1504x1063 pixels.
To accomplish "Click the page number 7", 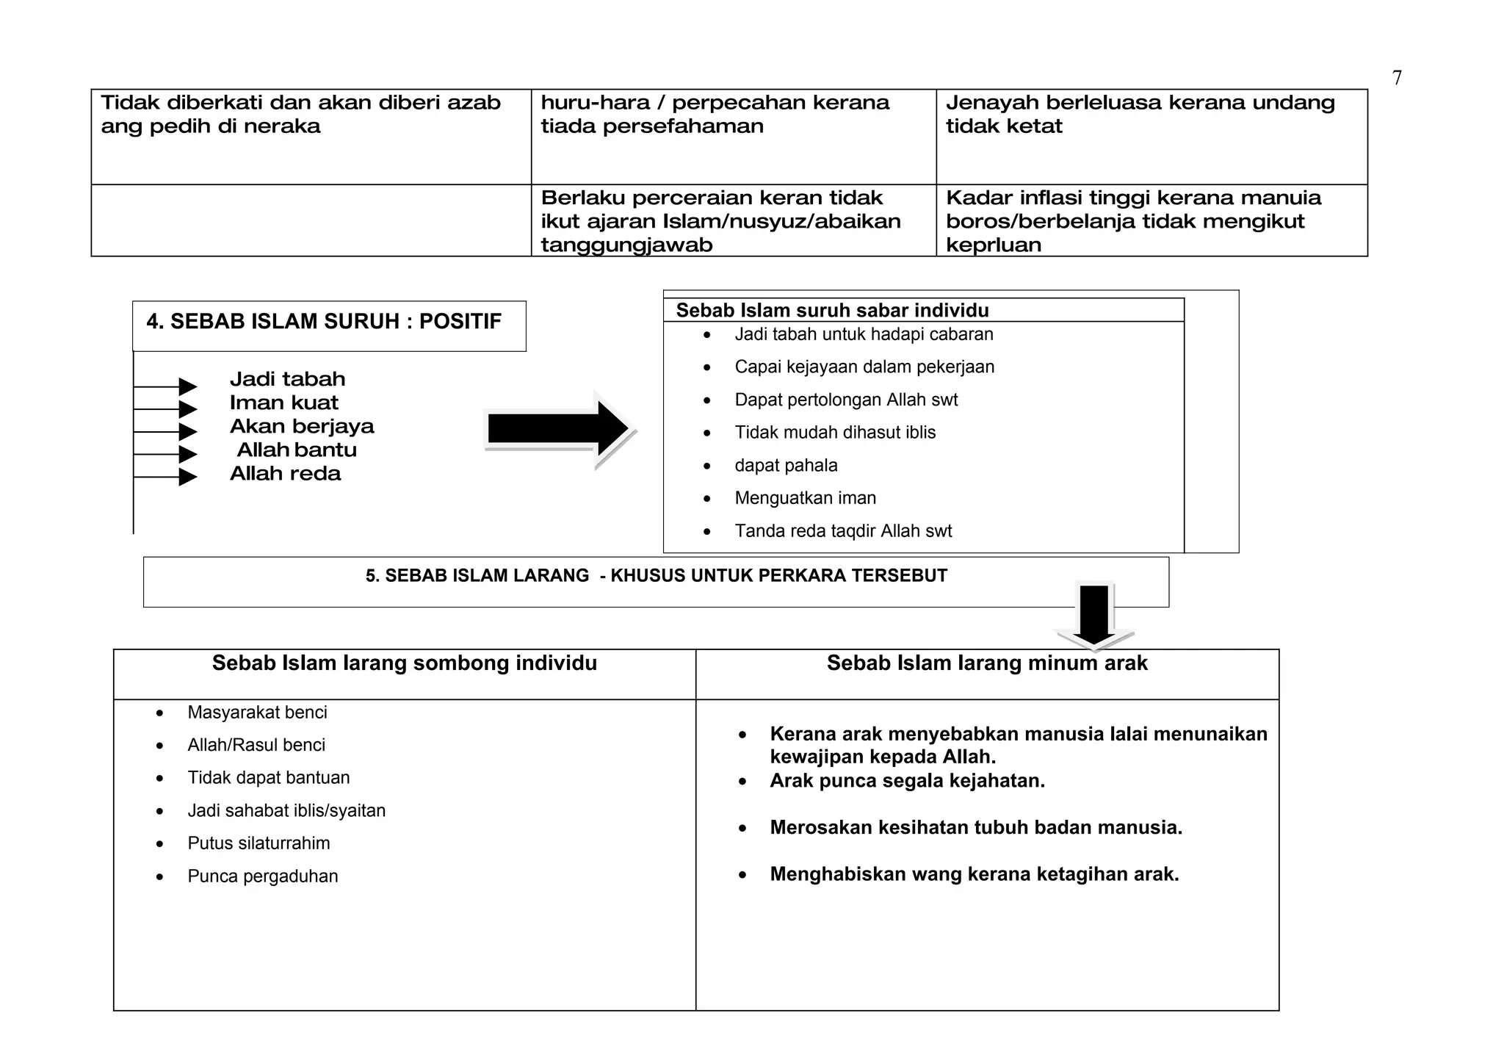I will pyautogui.click(x=1397, y=78).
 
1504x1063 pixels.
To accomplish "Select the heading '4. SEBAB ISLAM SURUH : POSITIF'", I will pyautogui.click(x=324, y=322).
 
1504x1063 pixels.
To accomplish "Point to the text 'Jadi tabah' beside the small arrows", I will pyautogui.click(x=287, y=379).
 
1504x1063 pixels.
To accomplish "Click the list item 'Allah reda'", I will pyautogui.click(x=285, y=474).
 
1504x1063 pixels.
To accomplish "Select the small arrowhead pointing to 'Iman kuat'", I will pyautogui.click(x=188, y=409).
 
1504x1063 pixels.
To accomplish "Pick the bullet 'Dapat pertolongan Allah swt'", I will pyautogui.click(x=846, y=400).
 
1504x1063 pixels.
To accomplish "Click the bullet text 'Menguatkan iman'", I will pyautogui.click(x=805, y=498).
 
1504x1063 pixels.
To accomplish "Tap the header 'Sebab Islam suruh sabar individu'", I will pyautogui.click(x=832, y=310).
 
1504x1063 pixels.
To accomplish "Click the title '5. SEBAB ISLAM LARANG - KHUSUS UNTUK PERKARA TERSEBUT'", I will pyautogui.click(x=656, y=576).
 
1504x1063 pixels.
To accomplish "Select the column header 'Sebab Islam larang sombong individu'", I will pyautogui.click(x=405, y=663).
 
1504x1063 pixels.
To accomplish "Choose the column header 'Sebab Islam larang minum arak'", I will pyautogui.click(x=986, y=663).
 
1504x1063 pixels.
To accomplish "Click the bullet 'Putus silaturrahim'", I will pyautogui.click(x=258, y=843).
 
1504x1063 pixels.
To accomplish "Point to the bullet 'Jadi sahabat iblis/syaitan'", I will pyautogui.click(x=286, y=810).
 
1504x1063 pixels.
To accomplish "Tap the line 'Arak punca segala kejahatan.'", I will pyautogui.click(x=907, y=781).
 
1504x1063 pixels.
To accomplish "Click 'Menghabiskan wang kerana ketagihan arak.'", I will pyautogui.click(x=974, y=874).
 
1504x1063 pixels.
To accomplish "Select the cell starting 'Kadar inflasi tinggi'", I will pyautogui.click(x=1132, y=220).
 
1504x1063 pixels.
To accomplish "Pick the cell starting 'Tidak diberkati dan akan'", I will pyautogui.click(x=300, y=114).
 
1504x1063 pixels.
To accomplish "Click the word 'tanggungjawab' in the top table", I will pyautogui.click(x=626, y=245).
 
